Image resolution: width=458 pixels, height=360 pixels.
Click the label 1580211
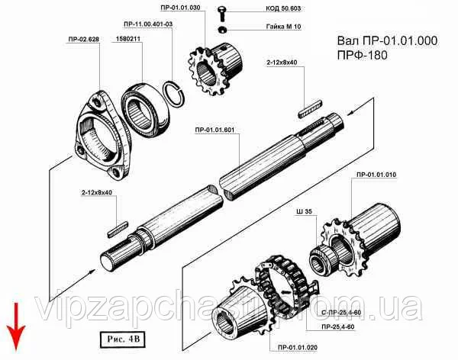pos(130,37)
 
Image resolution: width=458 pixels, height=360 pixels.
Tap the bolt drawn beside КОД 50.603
pos(221,12)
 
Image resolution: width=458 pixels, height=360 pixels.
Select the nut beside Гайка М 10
pos(221,29)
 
